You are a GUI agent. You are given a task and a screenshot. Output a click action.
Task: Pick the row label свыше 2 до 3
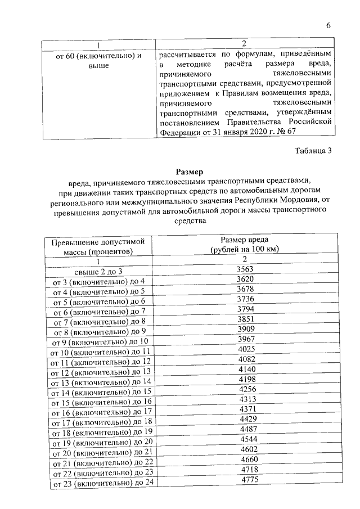tap(98, 271)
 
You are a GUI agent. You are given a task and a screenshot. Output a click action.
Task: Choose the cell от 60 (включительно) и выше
tap(98, 61)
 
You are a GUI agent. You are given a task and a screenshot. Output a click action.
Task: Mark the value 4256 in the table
tap(245, 389)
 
